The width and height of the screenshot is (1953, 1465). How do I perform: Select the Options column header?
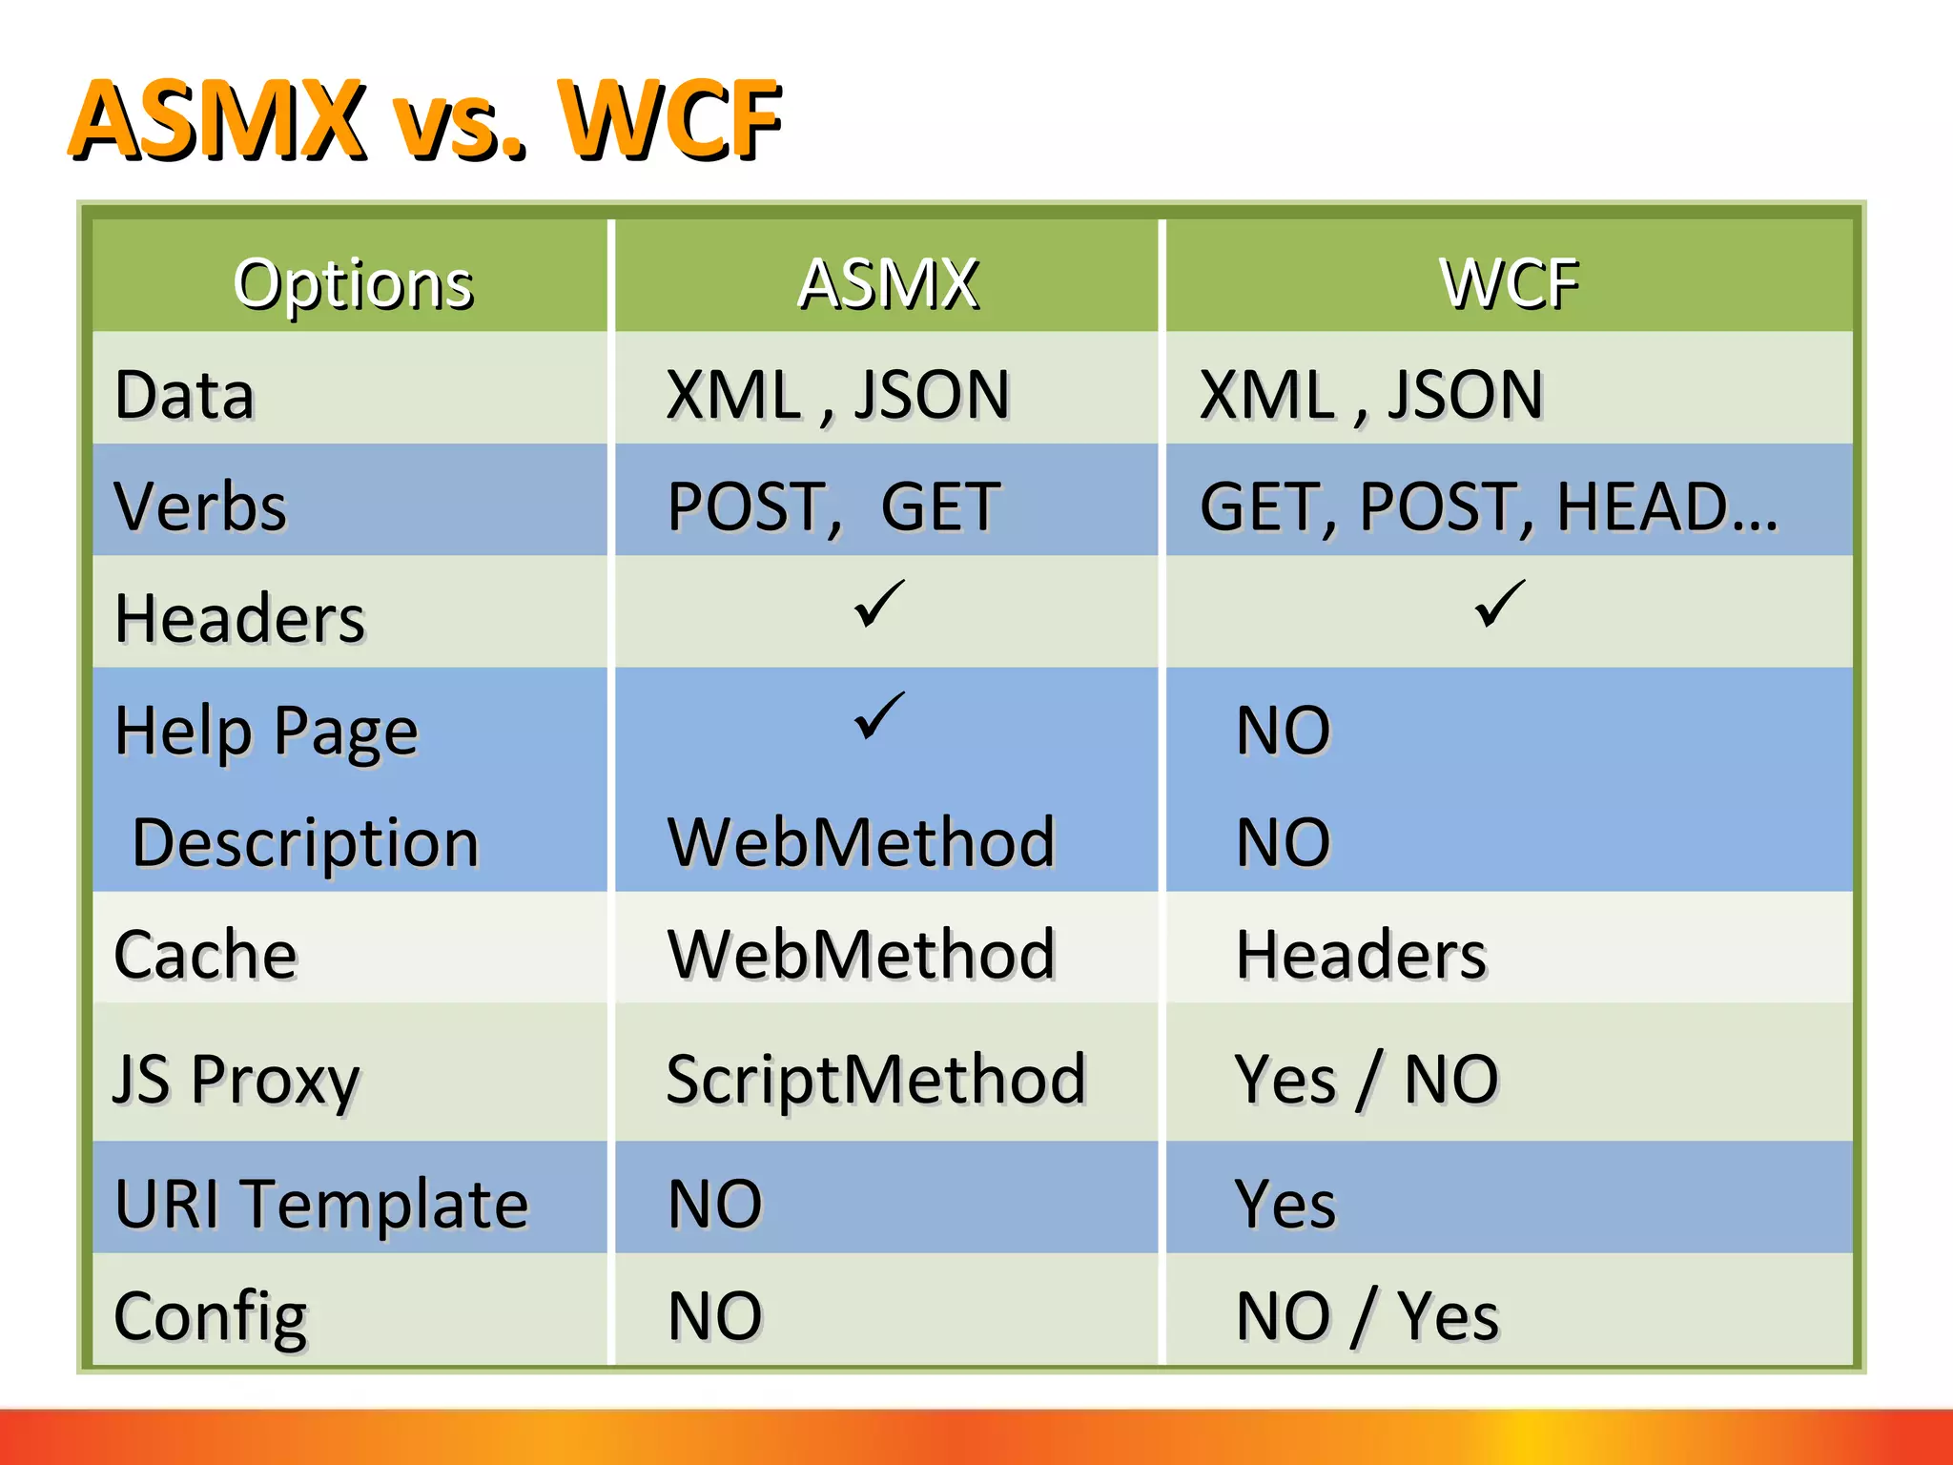coord(353,283)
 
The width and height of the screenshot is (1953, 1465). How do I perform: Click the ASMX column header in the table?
coord(888,283)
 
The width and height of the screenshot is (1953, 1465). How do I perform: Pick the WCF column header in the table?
coord(1510,283)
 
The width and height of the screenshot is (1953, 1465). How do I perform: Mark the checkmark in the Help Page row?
coord(878,716)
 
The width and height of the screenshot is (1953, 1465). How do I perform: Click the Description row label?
coord(305,843)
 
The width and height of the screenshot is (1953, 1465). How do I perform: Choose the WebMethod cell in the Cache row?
coord(861,954)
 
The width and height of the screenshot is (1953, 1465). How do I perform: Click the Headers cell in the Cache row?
coord(1361,954)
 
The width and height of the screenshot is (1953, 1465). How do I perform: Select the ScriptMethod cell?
coord(875,1079)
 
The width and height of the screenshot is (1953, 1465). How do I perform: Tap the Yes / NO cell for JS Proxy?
coord(1366,1079)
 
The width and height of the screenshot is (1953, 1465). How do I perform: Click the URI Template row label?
coord(320,1204)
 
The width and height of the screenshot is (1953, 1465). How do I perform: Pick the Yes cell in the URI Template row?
coord(1285,1204)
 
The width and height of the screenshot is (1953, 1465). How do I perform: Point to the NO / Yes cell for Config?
coord(1367,1316)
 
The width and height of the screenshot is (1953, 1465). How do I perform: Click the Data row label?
coord(185,395)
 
